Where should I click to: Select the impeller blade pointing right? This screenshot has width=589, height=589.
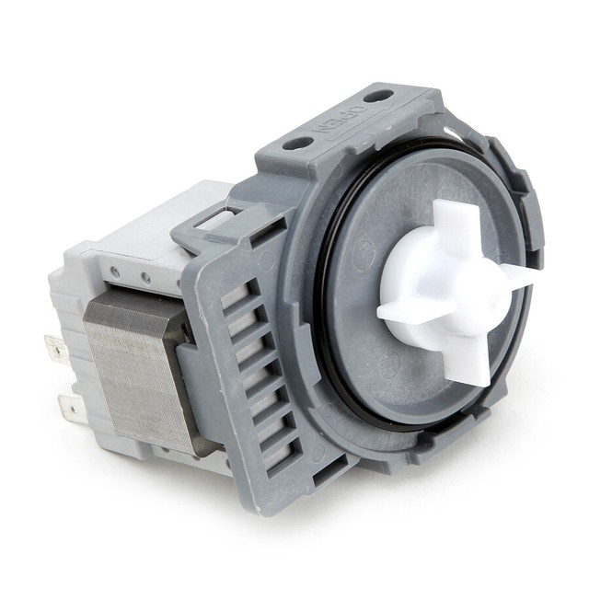point(515,277)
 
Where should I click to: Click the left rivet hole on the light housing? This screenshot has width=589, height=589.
point(113,271)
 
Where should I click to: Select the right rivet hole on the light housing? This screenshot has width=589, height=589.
point(144,275)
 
